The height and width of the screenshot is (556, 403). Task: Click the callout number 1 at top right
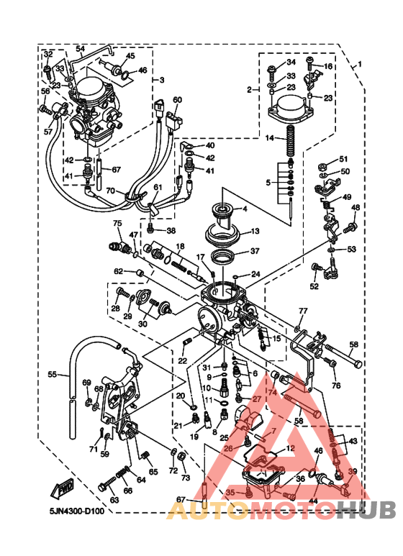[359, 63]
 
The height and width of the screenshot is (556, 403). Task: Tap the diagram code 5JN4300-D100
[78, 511]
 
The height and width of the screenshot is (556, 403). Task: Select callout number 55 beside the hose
[53, 374]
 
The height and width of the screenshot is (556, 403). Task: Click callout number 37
[254, 251]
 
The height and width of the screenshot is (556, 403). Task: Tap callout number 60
[178, 100]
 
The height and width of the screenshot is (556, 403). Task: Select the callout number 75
[117, 224]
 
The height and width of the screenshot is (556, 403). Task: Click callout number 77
[303, 311]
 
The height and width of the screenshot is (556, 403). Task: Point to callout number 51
[343, 159]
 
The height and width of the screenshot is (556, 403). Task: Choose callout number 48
[355, 208]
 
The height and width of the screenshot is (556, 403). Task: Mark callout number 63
[114, 500]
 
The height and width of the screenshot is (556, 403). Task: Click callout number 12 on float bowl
[291, 447]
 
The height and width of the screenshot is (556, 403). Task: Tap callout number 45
[130, 55]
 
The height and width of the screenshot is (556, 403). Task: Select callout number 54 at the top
[80, 48]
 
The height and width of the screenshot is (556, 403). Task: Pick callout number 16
[328, 66]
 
